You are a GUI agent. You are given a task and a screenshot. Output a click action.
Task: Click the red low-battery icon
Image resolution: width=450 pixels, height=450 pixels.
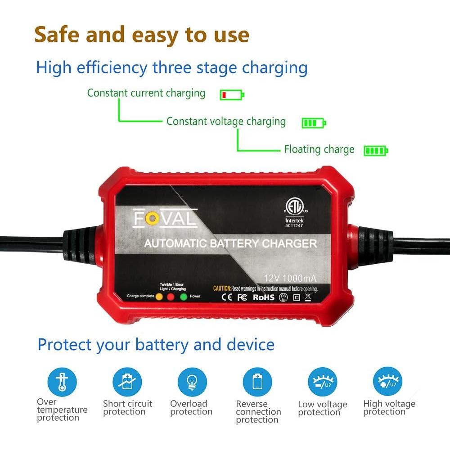tap(232, 95)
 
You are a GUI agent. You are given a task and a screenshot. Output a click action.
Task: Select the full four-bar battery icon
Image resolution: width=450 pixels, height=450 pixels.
tap(376, 151)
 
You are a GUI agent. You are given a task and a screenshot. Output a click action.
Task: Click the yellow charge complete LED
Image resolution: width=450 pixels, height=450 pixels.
tap(159, 297)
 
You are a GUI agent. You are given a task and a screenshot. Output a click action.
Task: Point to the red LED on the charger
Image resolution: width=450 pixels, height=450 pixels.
tap(171, 297)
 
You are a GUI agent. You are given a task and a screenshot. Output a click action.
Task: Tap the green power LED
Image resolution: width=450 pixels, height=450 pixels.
tap(183, 297)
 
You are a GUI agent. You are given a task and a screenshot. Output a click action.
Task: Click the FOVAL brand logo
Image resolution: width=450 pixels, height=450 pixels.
tap(165, 219)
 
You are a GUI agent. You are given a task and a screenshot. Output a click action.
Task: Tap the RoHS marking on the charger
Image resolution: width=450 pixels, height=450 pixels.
tap(263, 297)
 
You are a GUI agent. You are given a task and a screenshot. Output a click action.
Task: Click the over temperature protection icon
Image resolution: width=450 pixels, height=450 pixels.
tap(62, 382)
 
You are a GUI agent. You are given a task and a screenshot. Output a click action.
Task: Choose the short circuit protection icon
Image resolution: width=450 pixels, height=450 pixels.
tap(127, 382)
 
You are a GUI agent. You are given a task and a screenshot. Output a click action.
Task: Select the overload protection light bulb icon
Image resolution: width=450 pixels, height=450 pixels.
tap(192, 382)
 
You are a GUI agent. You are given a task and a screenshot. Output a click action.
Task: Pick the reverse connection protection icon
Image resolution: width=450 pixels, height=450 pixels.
tap(257, 382)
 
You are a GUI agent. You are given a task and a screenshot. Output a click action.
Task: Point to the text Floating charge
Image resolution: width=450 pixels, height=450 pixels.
tap(319, 149)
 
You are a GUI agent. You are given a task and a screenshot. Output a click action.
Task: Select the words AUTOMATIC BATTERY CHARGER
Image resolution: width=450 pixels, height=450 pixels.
tap(230, 244)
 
